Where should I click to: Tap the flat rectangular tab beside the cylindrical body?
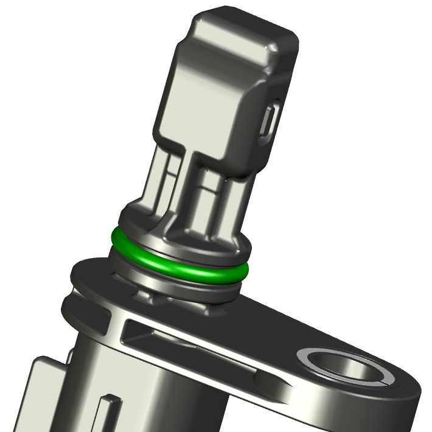46,389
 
